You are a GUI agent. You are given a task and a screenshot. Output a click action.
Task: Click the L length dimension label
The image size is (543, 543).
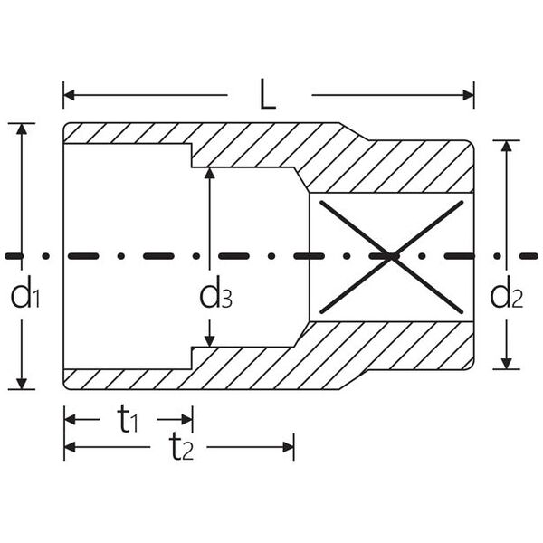pos(268,94)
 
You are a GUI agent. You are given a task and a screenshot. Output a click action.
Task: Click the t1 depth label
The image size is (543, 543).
pos(128,419)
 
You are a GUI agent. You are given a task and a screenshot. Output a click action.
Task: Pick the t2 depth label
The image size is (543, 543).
pos(181,447)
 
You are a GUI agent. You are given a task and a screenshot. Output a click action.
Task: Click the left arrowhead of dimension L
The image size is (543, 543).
pos(69,95)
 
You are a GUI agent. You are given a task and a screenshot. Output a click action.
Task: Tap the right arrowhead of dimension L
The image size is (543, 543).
pos(468,95)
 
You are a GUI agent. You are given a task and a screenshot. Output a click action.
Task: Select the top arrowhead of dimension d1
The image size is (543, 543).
pos(22,129)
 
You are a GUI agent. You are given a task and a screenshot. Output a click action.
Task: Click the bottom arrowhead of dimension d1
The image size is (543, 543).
pos(22,384)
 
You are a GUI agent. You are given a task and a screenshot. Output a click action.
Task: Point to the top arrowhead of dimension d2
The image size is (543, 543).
pos(507,146)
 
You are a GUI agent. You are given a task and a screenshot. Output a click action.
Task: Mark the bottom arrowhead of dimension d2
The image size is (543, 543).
pos(507,364)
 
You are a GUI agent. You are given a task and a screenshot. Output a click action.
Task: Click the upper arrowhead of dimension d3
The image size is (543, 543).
pos(210,173)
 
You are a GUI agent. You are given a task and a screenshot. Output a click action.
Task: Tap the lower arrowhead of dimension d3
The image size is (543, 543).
pos(210,341)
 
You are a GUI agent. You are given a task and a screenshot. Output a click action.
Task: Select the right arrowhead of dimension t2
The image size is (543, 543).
pos(289,447)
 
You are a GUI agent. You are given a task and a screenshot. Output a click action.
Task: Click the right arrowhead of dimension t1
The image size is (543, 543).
pos(187,420)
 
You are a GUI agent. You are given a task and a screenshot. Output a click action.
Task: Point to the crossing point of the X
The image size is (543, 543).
pos(392,257)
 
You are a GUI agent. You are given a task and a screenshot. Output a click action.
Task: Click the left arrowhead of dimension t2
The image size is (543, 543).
pos(70,447)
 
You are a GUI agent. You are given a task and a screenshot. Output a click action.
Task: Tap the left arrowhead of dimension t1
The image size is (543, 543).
pos(70,420)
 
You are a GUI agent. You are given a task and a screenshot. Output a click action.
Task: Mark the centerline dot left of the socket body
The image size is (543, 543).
pos(46,256)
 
